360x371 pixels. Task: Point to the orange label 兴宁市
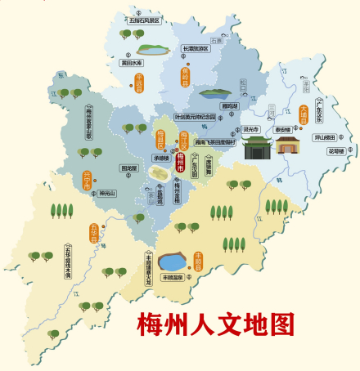click(x=88, y=179)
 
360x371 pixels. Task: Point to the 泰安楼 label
click(x=281, y=128)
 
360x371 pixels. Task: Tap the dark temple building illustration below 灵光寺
click(x=257, y=148)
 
